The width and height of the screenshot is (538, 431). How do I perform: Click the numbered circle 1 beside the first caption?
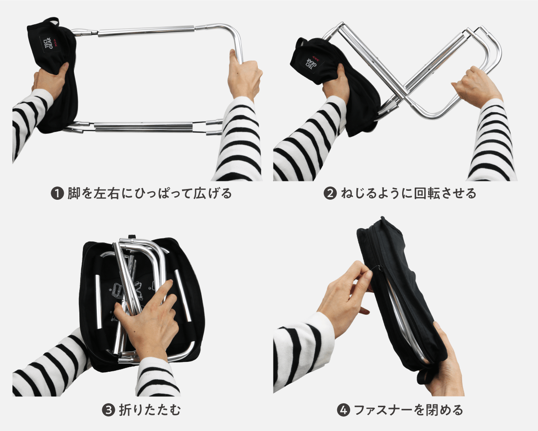click(57, 194)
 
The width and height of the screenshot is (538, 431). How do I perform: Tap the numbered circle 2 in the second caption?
click(330, 194)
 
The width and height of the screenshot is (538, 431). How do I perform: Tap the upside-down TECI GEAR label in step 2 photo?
click(314, 63)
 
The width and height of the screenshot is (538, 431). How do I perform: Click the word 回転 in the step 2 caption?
click(426, 194)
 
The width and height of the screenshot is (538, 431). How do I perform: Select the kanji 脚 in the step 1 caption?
click(74, 194)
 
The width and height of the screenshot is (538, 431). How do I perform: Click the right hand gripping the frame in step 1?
click(244, 75)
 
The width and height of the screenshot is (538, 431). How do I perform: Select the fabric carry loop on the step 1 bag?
click(52, 21)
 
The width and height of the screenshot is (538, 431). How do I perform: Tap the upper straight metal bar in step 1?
click(146, 31)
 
